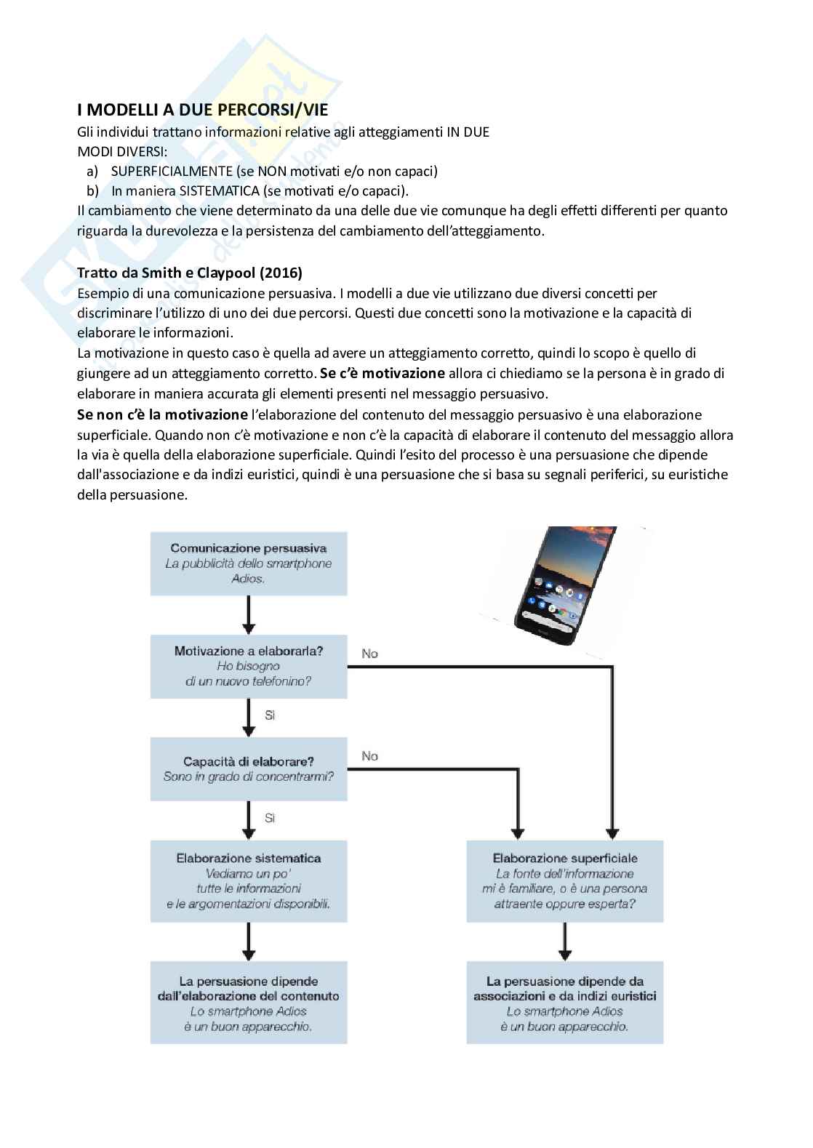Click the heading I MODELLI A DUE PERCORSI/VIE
click(203, 110)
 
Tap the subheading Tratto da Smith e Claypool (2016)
click(189, 273)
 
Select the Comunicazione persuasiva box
click(248, 563)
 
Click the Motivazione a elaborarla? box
click(248, 666)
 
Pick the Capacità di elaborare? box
click(248, 768)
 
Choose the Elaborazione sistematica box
click(248, 881)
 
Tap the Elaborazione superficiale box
click(564, 881)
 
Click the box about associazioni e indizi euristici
click(564, 1003)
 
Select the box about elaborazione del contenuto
click(248, 1003)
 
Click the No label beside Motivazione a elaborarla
click(369, 654)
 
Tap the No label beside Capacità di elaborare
click(369, 756)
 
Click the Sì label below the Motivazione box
click(270, 715)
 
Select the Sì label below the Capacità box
click(270, 818)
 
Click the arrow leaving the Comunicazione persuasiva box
click(249, 614)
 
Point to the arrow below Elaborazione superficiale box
click(564, 942)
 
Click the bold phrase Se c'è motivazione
click(383, 374)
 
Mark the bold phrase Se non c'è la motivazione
click(163, 414)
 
